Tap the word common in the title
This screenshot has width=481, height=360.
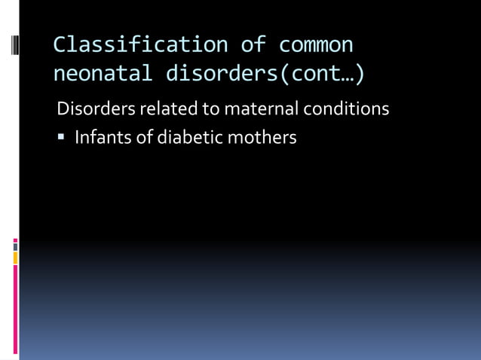pos(316,44)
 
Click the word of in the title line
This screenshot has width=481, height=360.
pos(253,44)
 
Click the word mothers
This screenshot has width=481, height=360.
pos(263,139)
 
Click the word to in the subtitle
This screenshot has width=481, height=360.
pos(209,108)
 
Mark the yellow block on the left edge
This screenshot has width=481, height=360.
pos(15,258)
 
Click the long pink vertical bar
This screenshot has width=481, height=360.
pos(15,309)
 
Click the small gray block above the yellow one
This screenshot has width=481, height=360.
pos(15,246)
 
